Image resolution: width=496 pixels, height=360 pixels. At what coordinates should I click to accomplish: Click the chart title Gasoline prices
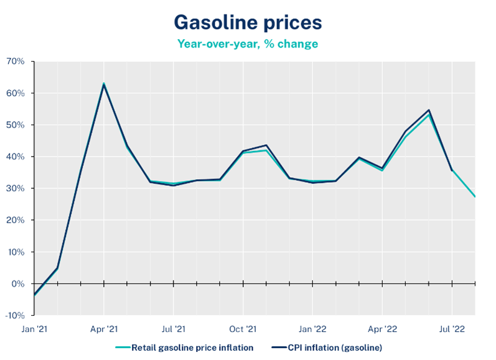click(x=248, y=22)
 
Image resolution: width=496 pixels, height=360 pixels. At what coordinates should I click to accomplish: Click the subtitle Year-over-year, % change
click(x=248, y=44)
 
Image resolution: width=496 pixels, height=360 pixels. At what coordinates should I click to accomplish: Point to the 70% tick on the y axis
click(x=15, y=62)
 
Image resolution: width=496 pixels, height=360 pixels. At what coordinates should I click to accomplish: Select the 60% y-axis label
click(x=15, y=93)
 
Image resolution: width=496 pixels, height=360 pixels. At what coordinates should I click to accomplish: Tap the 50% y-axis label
click(x=15, y=125)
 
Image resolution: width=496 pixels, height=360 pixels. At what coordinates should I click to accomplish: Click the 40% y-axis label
click(x=15, y=157)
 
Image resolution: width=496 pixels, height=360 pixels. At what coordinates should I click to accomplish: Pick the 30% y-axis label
click(x=15, y=188)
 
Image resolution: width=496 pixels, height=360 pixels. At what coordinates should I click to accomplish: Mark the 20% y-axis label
click(x=15, y=220)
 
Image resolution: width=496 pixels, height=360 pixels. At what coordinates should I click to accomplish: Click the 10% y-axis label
click(x=15, y=252)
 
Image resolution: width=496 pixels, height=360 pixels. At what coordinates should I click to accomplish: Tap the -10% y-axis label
click(x=14, y=315)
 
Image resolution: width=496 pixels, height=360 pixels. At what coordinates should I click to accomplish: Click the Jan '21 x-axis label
click(x=34, y=328)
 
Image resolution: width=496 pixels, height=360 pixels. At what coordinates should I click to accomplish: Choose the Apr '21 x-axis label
click(x=104, y=328)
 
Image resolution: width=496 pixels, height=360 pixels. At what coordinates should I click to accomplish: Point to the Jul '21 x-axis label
click(x=174, y=328)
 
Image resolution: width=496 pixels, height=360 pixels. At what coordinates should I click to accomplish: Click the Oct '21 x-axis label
click(x=243, y=328)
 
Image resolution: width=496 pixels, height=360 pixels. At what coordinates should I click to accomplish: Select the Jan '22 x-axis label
click(x=312, y=328)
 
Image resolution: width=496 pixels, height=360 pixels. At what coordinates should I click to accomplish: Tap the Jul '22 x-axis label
click(x=451, y=328)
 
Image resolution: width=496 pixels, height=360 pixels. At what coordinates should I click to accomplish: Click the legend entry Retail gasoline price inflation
click(x=187, y=347)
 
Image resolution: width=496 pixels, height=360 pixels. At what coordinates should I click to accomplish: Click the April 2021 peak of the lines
click(x=104, y=84)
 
